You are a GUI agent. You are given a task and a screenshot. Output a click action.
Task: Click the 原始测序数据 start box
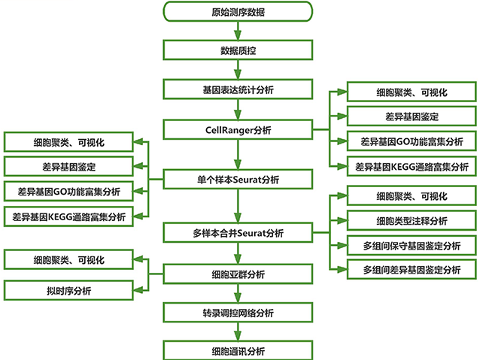point(238,12)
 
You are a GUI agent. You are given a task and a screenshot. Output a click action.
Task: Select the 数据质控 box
point(238,50)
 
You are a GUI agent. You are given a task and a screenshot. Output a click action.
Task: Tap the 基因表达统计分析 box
point(238,89)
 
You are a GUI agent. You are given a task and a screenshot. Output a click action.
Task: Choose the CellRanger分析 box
point(238,130)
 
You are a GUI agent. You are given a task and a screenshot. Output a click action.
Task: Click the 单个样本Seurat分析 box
point(238,180)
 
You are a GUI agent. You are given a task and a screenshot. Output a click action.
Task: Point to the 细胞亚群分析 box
point(238,274)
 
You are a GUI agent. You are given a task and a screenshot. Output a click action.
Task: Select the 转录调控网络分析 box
point(238,312)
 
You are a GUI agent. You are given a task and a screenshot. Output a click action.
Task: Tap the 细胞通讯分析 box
point(238,350)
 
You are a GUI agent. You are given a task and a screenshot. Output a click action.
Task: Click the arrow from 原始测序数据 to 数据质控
point(238,31)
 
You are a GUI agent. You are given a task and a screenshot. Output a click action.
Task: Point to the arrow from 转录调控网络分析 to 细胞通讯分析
point(238,331)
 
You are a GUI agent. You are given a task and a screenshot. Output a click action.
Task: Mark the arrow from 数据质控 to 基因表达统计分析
point(238,70)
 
